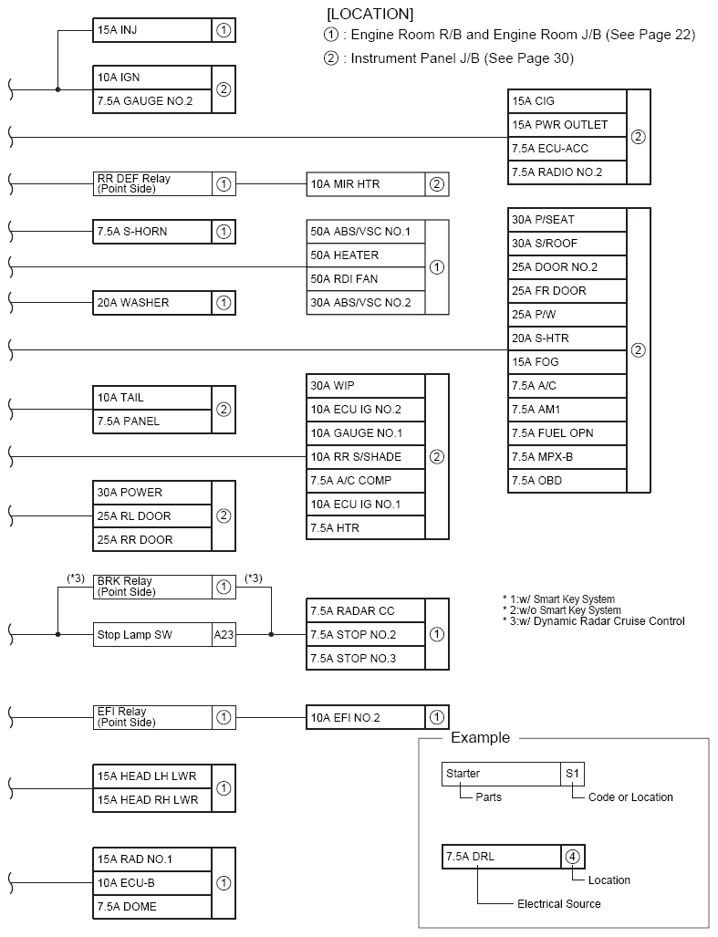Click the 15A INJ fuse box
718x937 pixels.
coord(152,30)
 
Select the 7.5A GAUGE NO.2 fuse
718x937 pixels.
coord(152,101)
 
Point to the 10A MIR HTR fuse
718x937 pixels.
coord(366,184)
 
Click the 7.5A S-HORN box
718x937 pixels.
coord(152,232)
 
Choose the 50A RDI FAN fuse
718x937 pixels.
coord(366,279)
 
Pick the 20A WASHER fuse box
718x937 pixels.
coord(152,303)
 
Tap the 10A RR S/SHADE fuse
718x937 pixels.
coord(366,456)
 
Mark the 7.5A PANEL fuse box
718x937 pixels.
coord(152,422)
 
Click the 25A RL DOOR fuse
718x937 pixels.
coord(152,516)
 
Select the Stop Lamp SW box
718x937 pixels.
coord(152,635)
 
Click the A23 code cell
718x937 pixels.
coord(224,635)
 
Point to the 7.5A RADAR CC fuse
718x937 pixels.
coord(366,611)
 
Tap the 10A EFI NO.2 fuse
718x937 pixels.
coord(366,718)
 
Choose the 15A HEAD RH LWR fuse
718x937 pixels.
coord(152,801)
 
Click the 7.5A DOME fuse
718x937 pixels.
coord(152,907)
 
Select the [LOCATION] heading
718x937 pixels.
coord(369,14)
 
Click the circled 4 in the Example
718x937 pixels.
coord(572,857)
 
